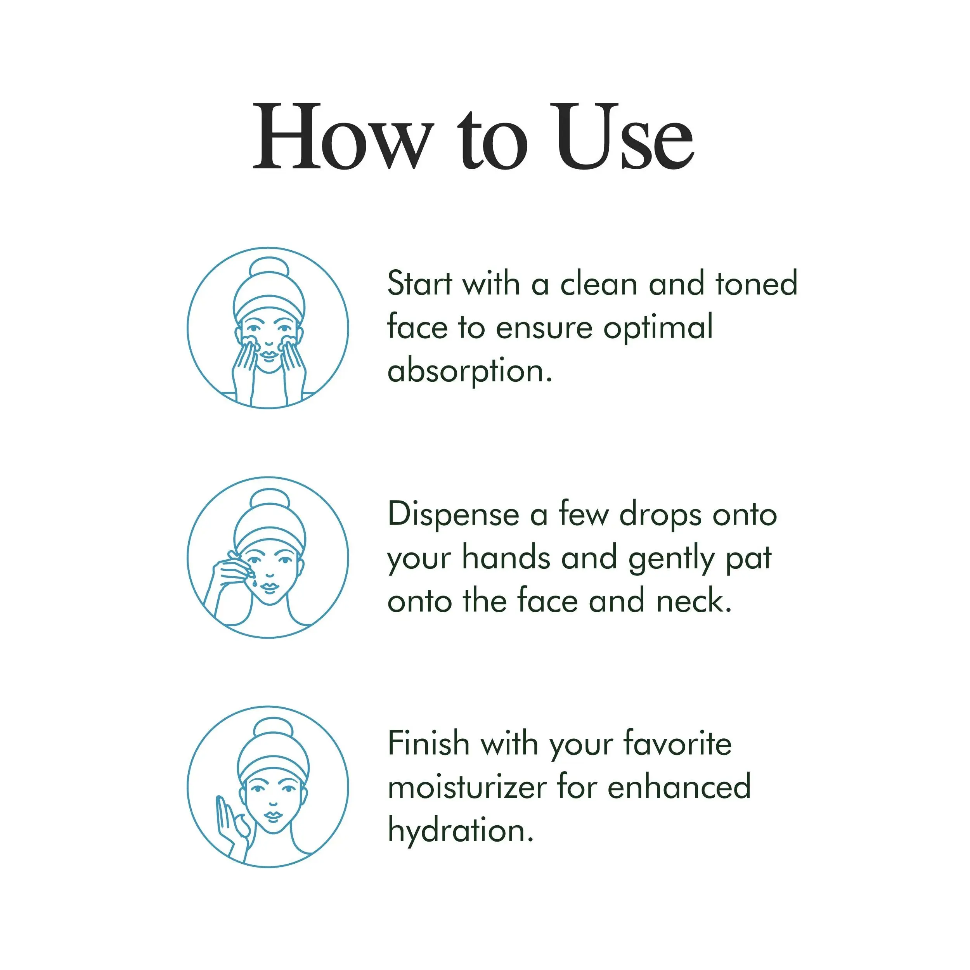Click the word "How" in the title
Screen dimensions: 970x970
click(343, 136)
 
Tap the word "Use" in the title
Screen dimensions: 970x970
click(623, 136)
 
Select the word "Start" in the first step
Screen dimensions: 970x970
click(420, 284)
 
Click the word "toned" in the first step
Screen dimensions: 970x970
click(757, 284)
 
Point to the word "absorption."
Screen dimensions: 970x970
click(470, 372)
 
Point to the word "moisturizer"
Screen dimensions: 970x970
click(467, 787)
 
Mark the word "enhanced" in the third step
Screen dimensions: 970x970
click(679, 787)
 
